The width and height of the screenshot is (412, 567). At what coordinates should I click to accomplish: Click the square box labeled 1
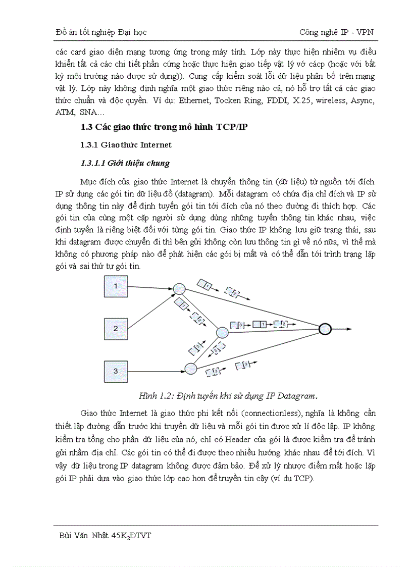116,286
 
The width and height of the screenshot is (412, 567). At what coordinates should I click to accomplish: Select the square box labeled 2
116,329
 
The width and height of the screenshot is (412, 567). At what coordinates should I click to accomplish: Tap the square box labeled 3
116,372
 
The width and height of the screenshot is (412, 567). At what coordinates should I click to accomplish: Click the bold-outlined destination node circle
325,329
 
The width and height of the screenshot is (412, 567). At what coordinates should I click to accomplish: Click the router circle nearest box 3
190,369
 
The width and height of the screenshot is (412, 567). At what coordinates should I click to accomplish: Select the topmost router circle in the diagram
179,288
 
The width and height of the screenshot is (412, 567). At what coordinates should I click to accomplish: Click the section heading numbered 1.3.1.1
125,163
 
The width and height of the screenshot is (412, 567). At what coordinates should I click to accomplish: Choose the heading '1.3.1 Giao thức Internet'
126,145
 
